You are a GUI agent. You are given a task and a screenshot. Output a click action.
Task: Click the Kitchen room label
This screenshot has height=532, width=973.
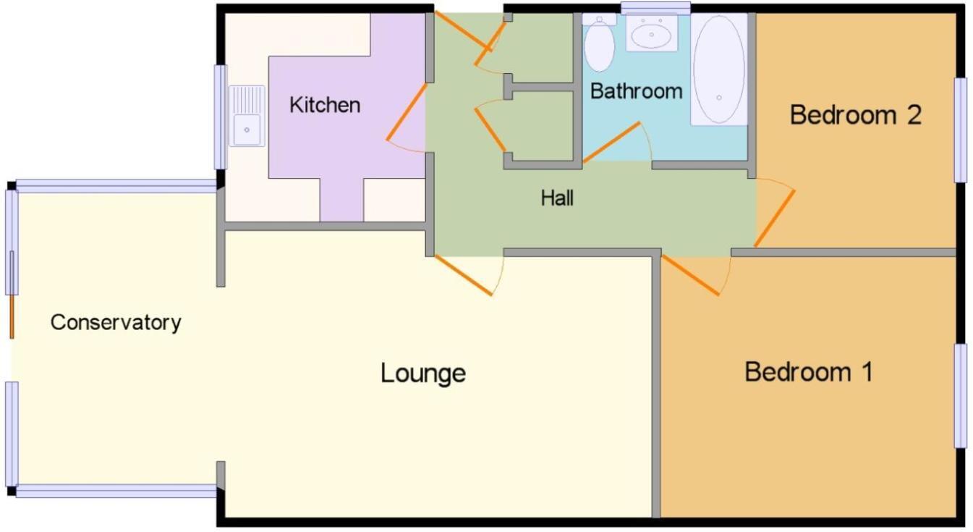coord(324,105)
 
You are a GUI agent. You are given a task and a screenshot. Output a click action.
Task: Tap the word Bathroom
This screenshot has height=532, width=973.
coord(636,91)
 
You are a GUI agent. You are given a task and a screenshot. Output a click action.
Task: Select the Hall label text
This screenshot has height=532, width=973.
coord(557,198)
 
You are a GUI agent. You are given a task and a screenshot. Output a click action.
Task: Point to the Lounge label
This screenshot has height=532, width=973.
coord(423,373)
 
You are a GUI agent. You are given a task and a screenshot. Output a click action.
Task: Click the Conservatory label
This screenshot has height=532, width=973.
coord(115,322)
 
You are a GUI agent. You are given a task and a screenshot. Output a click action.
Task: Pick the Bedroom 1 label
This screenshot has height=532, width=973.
coord(808,372)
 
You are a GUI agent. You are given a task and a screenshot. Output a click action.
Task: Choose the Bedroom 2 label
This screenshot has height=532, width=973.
coord(855,114)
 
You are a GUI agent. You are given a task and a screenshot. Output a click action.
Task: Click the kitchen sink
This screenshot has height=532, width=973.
coord(247,116)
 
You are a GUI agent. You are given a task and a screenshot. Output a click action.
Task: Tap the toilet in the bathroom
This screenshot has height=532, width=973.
coord(599,43)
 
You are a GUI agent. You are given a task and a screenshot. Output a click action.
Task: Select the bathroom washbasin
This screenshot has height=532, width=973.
coord(651,33)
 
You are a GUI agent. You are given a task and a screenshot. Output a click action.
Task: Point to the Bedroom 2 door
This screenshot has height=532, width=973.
coord(775,217)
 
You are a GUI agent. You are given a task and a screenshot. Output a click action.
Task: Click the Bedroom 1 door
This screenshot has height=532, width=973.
coord(691,276)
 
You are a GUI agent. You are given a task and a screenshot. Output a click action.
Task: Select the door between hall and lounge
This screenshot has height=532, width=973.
coord(462,275)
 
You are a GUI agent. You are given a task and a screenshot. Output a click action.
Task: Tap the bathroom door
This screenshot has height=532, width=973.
coord(612,142)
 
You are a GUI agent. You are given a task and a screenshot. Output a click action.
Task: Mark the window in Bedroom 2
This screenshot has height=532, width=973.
coord(960,130)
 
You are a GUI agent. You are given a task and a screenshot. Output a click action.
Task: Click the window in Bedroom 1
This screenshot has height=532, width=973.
coord(960,396)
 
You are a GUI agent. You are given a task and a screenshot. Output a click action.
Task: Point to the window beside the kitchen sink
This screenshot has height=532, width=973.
coord(220,117)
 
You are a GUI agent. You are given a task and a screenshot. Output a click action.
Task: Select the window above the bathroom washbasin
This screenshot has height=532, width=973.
coord(655,8)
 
